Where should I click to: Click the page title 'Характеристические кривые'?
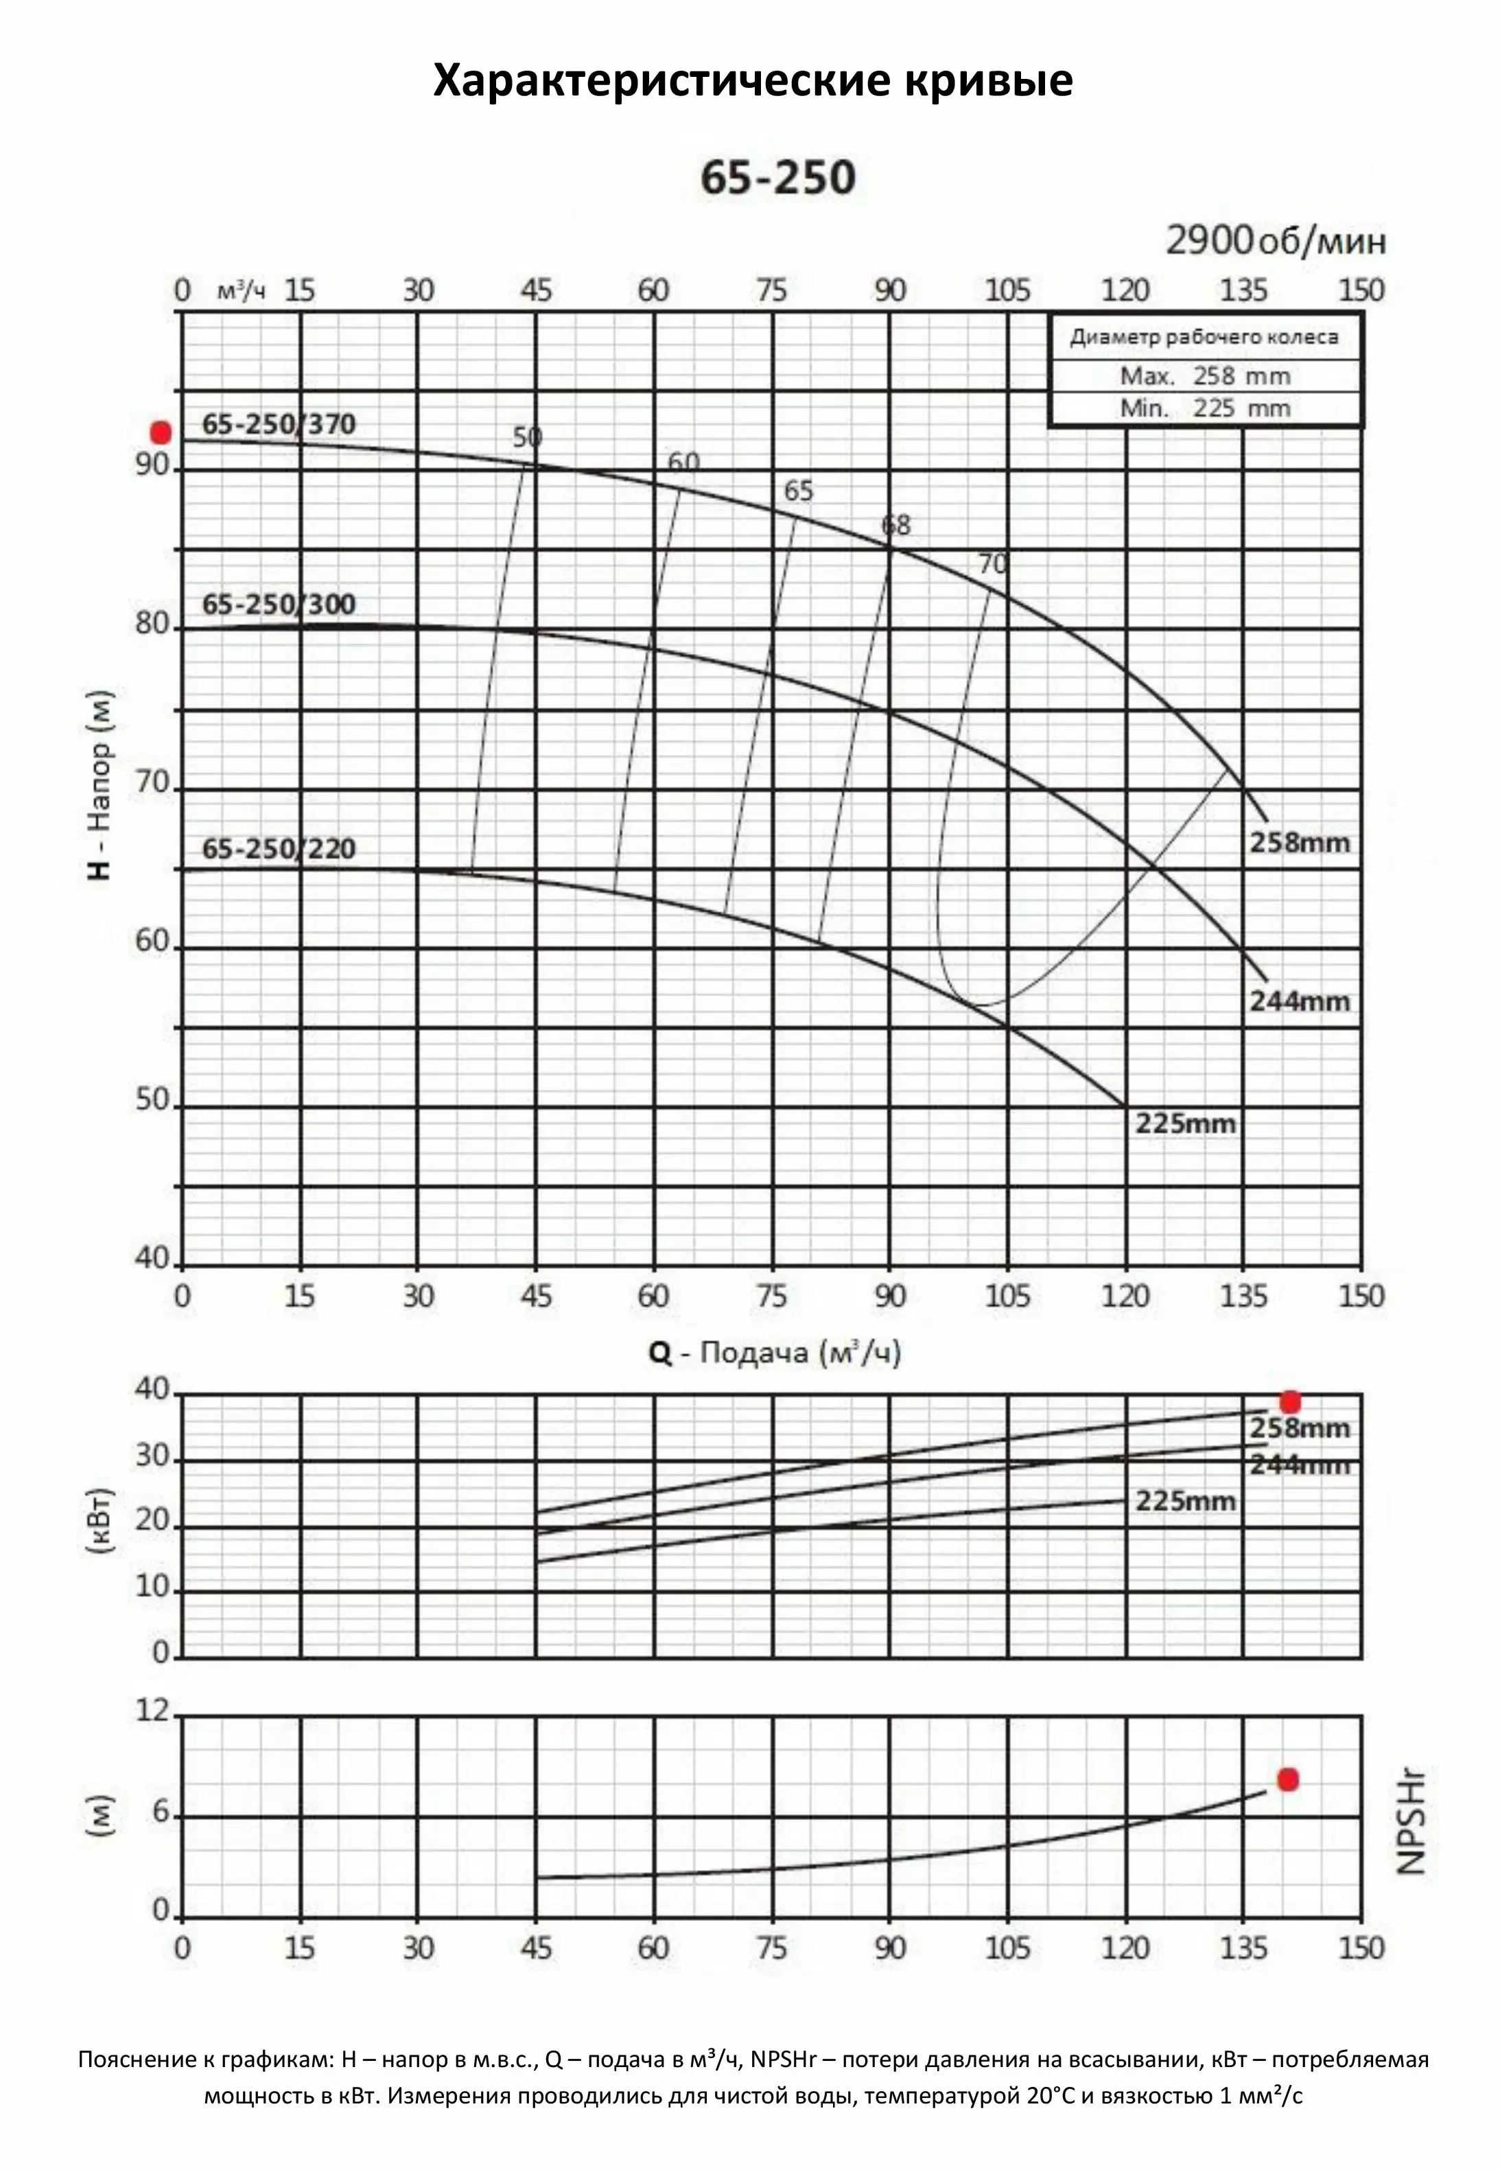[752, 81]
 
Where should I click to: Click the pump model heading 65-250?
[777, 178]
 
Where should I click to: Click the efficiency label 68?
[895, 526]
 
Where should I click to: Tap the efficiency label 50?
[527, 437]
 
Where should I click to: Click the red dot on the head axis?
[161, 433]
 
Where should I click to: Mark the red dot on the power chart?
[1291, 1402]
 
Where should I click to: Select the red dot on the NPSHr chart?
[1287, 1779]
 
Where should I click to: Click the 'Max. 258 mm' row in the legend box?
[1204, 376]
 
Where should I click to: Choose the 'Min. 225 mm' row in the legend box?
[1204, 408]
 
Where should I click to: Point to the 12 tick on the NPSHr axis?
[152, 1710]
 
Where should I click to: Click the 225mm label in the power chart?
[1184, 1501]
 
